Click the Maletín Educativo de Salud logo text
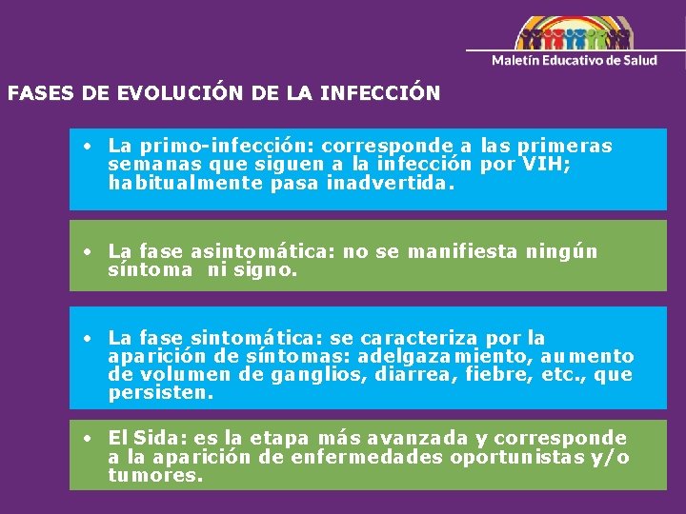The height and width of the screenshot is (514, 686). [x=575, y=60]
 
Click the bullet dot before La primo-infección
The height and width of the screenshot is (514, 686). [x=87, y=147]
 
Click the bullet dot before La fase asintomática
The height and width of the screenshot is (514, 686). [x=87, y=252]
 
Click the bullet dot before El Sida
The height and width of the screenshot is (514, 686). [x=87, y=439]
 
